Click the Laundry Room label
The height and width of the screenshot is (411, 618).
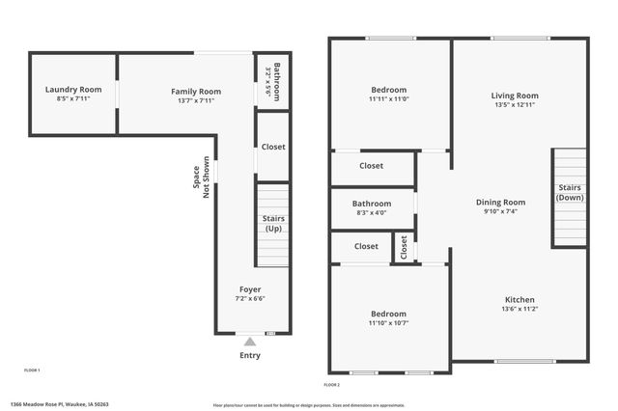coord(72,90)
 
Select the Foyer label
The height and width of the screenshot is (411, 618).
coord(250,289)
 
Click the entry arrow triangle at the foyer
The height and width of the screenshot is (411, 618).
coord(250,341)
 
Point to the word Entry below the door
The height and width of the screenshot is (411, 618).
coord(250,355)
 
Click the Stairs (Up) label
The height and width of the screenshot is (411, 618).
coord(273,224)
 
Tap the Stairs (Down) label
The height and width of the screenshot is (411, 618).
coord(569,192)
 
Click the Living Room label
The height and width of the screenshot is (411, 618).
coord(515,96)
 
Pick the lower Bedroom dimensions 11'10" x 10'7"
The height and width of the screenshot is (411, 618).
coord(388,323)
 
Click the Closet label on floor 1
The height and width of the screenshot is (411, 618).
coord(273,148)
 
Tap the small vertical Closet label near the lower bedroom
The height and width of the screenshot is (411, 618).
coord(405,248)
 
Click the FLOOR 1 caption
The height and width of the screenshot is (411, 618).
coord(32,370)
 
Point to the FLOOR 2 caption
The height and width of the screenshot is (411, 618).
coord(332,385)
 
